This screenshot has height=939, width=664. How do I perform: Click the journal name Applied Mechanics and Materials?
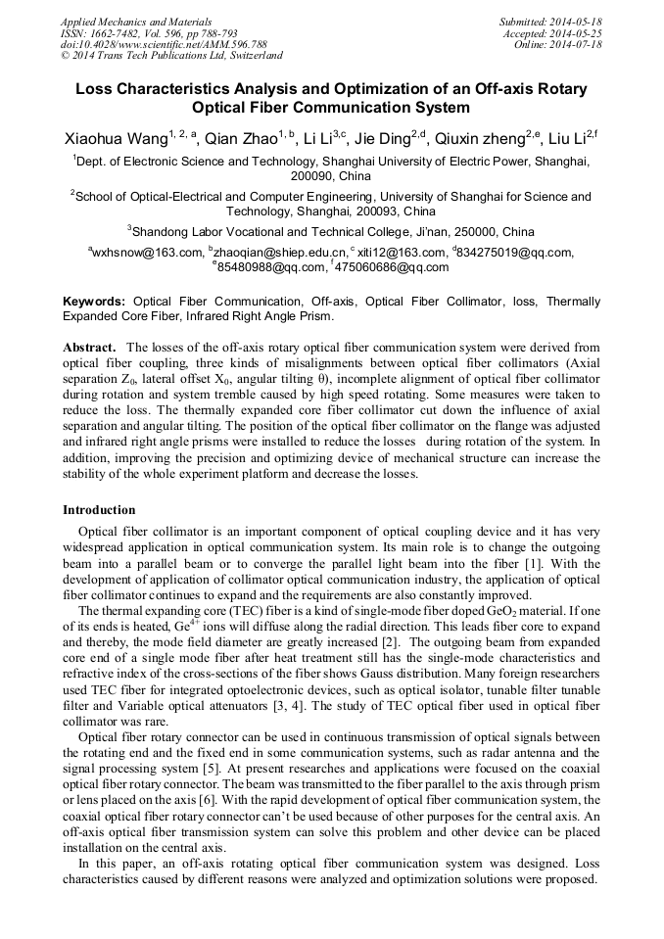pos(136,21)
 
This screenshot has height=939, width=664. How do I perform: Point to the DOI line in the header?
pos(164,44)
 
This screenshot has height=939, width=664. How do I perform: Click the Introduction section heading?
pos(99,510)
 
